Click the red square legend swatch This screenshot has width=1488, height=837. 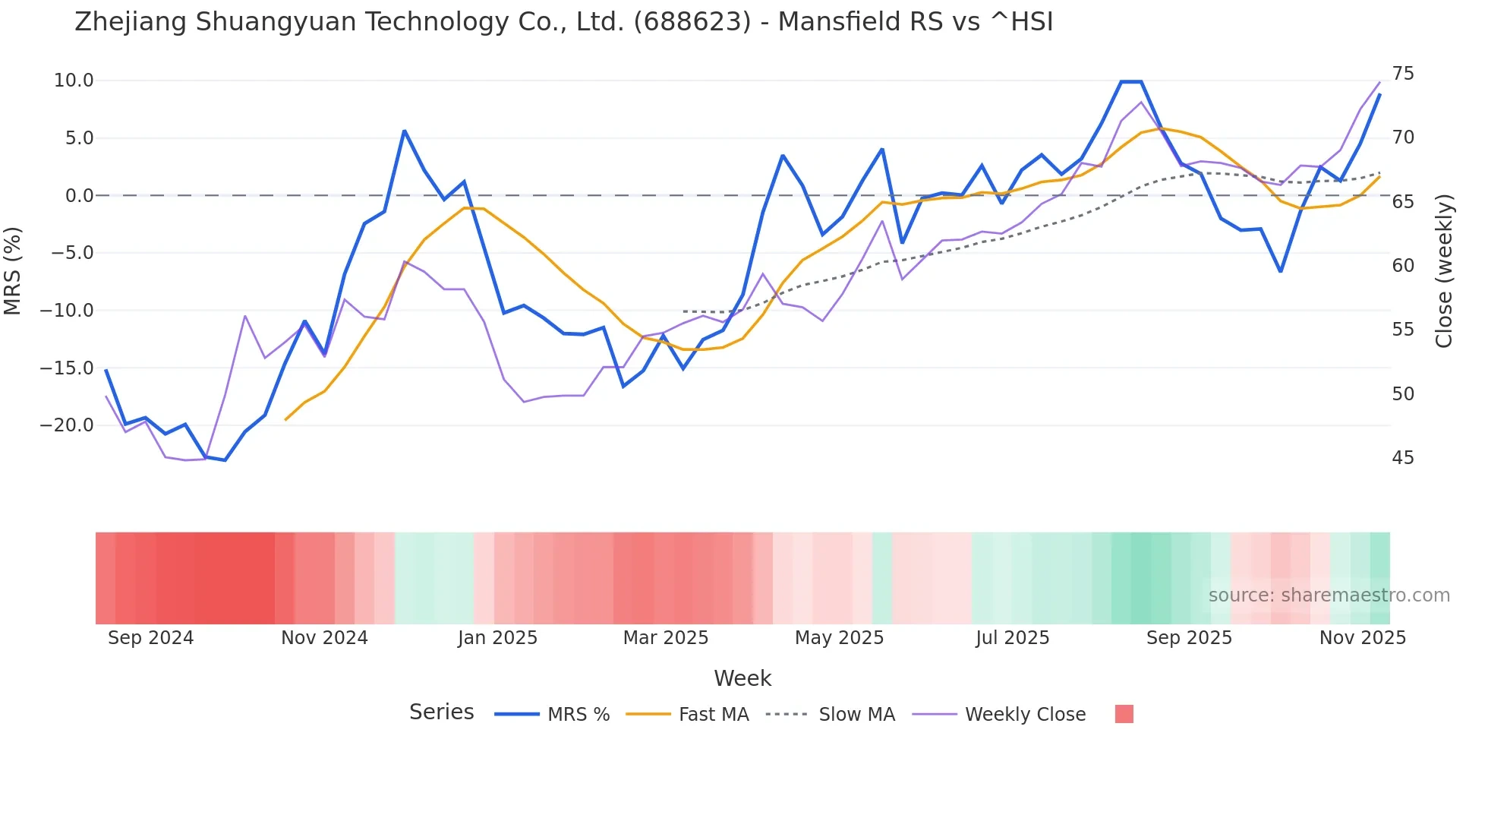(x=1124, y=714)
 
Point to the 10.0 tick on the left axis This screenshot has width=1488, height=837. (x=74, y=81)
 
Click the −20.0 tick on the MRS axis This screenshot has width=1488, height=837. (x=67, y=425)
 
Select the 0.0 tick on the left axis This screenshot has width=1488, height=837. (x=79, y=196)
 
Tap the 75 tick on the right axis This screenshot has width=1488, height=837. (x=1403, y=74)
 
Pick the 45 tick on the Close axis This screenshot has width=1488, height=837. (x=1403, y=458)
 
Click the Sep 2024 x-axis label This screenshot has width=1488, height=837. (x=150, y=638)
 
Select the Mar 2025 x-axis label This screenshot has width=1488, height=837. (x=666, y=638)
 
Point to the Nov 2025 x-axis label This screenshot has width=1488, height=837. (x=1363, y=638)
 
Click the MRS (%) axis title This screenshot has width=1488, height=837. (x=13, y=271)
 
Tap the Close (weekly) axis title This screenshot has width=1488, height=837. (x=1444, y=271)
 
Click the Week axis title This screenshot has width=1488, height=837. (x=742, y=678)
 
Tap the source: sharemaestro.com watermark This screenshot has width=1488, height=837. (x=1329, y=595)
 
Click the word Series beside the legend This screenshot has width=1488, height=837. (x=441, y=712)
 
